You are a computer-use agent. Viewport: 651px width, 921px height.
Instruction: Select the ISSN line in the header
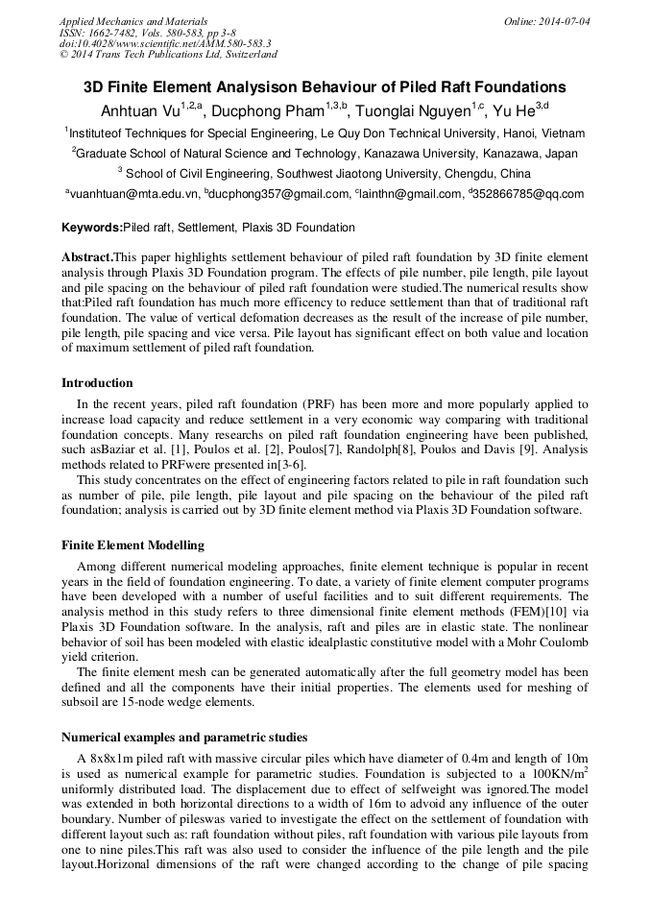coord(128,33)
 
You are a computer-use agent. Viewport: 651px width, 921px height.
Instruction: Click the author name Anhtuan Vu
coord(139,110)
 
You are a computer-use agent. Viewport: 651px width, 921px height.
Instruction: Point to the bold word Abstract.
coord(86,257)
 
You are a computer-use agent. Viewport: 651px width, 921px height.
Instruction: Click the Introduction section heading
coord(97,383)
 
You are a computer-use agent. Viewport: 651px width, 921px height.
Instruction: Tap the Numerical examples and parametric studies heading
coord(184,738)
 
